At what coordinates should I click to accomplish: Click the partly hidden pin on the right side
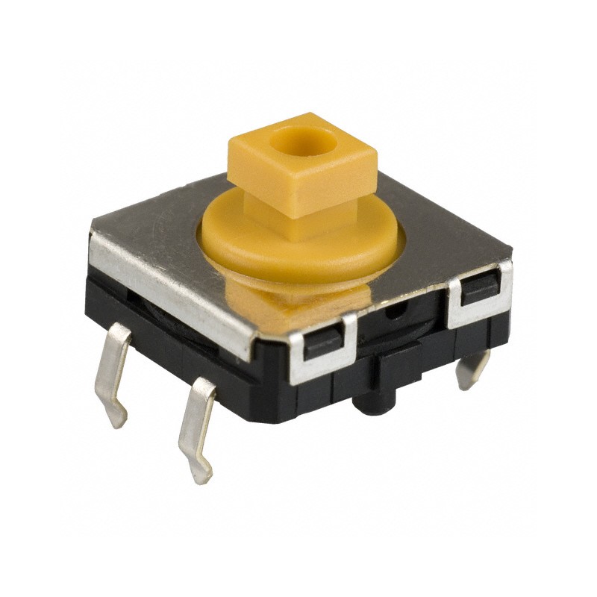(x=472, y=369)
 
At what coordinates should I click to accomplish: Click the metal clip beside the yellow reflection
(x=322, y=345)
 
